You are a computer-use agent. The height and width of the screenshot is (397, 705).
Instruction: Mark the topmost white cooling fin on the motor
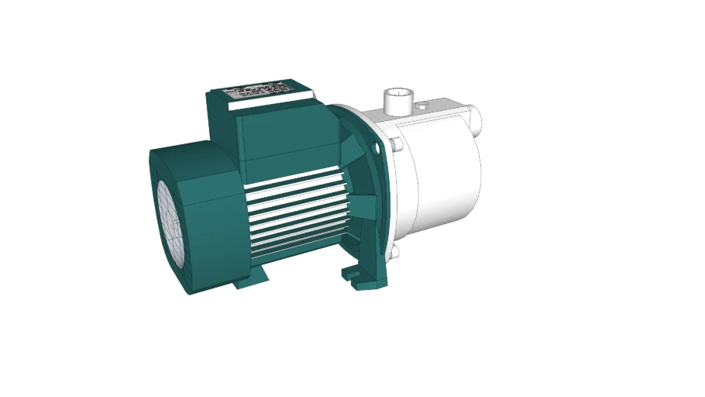coord(298,179)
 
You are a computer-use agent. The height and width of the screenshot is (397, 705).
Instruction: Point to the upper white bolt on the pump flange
coord(396,144)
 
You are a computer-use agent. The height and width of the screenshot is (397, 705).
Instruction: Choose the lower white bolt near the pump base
coord(394,252)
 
